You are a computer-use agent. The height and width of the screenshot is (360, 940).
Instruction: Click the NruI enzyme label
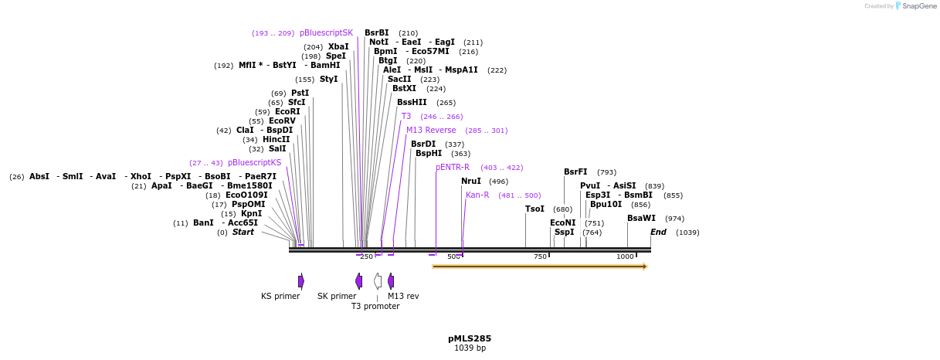[471, 182]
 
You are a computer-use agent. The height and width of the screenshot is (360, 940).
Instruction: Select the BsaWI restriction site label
[641, 219]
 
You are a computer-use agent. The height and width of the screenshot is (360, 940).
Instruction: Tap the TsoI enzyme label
[534, 209]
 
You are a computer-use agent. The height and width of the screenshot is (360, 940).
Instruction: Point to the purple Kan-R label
[477, 195]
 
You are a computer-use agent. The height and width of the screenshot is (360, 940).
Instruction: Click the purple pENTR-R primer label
[453, 168]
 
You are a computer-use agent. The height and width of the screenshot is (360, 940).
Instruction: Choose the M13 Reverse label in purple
[431, 131]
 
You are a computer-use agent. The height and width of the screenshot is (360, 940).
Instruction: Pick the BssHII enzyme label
[412, 103]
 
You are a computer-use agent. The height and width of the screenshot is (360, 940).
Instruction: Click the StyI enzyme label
[329, 80]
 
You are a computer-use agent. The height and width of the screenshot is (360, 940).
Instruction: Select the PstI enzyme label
[300, 93]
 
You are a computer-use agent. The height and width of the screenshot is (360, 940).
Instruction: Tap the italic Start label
[243, 233]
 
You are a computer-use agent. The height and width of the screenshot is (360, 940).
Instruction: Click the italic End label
[658, 233]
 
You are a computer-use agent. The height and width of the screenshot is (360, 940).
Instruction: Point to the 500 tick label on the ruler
[454, 256]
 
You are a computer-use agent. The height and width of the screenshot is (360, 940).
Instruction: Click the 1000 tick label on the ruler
[625, 256]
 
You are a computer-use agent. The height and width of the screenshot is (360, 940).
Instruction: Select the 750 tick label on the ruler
[540, 256]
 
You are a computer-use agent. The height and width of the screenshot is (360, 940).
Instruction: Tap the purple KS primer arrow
[301, 280]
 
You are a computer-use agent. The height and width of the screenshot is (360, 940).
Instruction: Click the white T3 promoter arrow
[378, 280]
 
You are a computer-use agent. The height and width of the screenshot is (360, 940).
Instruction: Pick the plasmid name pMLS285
[470, 338]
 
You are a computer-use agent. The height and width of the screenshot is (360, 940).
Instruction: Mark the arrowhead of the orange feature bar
[644, 267]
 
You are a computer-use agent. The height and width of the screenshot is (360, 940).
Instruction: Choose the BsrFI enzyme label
[575, 172]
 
